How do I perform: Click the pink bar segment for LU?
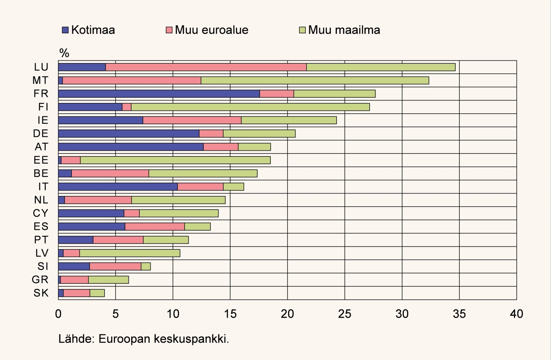[206, 67]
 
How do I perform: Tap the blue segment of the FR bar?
[159, 94]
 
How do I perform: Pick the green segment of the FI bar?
[250, 107]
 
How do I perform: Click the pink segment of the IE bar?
[192, 120]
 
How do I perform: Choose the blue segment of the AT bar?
[131, 147]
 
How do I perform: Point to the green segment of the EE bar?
[175, 160]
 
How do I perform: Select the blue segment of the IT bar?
[118, 186]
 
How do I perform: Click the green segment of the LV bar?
[130, 253]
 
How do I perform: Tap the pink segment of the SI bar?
[115, 267]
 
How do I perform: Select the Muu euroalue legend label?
[211, 30]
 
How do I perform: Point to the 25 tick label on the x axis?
[345, 314]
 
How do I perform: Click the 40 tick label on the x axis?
[516, 314]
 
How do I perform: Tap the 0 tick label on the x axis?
[58, 314]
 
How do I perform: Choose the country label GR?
[41, 280]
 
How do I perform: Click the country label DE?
[41, 134]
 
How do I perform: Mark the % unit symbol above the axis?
[64, 53]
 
